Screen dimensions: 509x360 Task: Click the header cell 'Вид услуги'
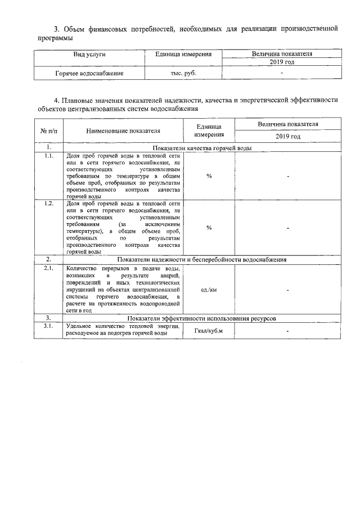pos(90,55)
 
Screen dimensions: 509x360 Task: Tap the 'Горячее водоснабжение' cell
pos(90,73)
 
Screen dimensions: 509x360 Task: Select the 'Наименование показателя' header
pos(123,131)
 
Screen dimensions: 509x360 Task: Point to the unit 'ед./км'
pos(209,290)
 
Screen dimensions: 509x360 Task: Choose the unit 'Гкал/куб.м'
pos(209,331)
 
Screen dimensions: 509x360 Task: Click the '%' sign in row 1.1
pos(209,176)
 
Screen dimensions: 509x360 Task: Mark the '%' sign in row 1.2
pos(209,228)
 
